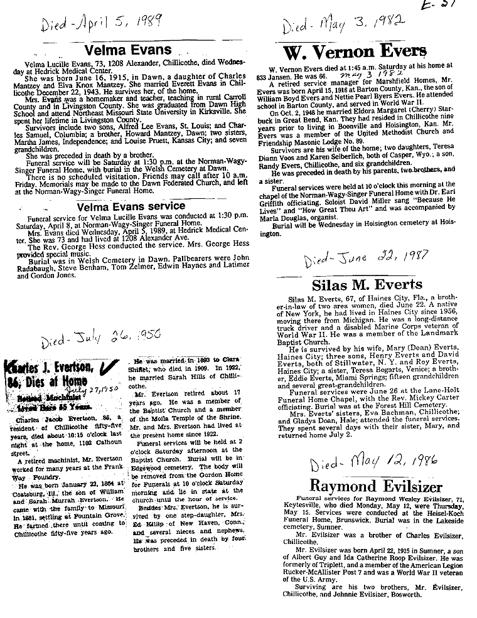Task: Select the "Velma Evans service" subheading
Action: [x=131, y=206]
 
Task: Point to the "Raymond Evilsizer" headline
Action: [x=360, y=485]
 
